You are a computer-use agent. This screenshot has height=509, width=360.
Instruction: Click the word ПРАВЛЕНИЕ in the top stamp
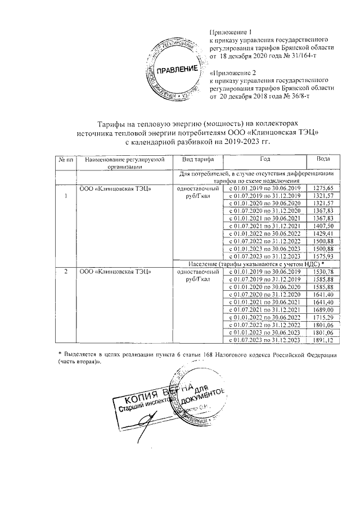pos(177,70)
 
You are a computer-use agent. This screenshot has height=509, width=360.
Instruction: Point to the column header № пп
pos(65,160)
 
